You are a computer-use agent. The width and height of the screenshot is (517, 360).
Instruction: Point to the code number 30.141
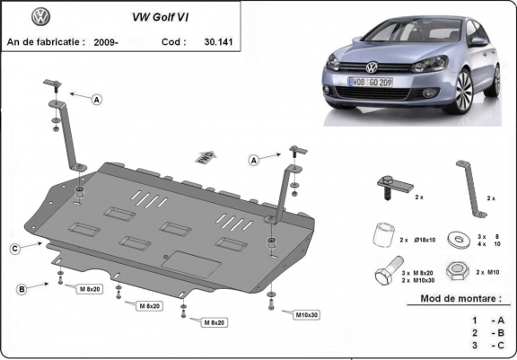click(219, 41)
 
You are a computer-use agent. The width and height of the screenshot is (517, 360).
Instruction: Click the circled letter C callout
click(16, 248)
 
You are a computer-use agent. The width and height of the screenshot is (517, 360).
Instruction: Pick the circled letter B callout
click(21, 289)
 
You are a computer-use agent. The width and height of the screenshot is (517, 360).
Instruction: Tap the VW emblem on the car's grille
click(372, 66)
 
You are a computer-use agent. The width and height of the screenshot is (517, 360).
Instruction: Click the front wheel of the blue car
click(465, 87)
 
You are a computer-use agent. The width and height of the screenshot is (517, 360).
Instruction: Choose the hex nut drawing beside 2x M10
click(456, 271)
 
